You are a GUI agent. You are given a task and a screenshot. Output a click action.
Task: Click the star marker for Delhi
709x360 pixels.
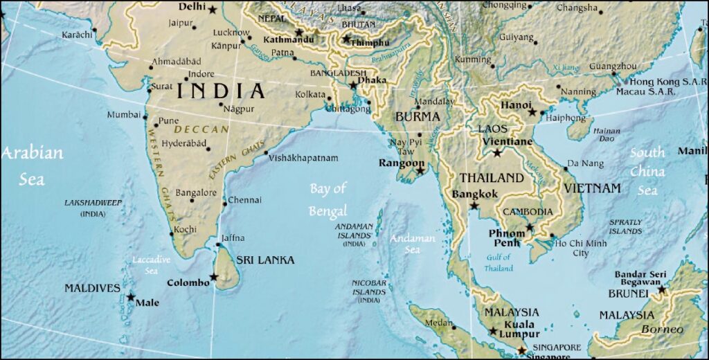pyautogui.click(x=212, y=10)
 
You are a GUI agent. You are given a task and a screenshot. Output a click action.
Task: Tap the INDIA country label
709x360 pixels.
pyautogui.click(x=221, y=91)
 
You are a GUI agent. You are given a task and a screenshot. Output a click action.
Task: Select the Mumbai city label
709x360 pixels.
pyautogui.click(x=123, y=115)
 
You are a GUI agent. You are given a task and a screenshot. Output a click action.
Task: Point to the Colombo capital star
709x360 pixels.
pyautogui.click(x=214, y=278)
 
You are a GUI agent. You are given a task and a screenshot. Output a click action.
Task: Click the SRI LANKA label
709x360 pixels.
pyautogui.click(x=265, y=260)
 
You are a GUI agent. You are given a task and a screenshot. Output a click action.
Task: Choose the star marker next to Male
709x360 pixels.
pyautogui.click(x=131, y=297)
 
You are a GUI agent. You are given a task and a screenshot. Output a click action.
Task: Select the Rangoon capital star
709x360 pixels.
pyautogui.click(x=420, y=170)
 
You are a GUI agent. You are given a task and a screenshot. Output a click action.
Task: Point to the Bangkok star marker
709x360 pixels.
pyautogui.click(x=474, y=206)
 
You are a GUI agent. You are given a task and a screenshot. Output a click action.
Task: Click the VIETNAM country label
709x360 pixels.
pyautogui.click(x=592, y=188)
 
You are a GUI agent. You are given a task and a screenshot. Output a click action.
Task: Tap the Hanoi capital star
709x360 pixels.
pyautogui.click(x=532, y=112)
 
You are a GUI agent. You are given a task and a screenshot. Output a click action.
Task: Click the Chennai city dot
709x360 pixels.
pyautogui.click(x=225, y=204)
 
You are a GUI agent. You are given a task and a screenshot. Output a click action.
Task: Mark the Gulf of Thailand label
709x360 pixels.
pyautogui.click(x=499, y=263)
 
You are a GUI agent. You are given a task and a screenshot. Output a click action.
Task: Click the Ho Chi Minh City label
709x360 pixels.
pyautogui.click(x=580, y=248)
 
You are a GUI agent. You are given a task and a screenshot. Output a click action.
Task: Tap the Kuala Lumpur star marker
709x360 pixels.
pyautogui.click(x=494, y=332)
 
